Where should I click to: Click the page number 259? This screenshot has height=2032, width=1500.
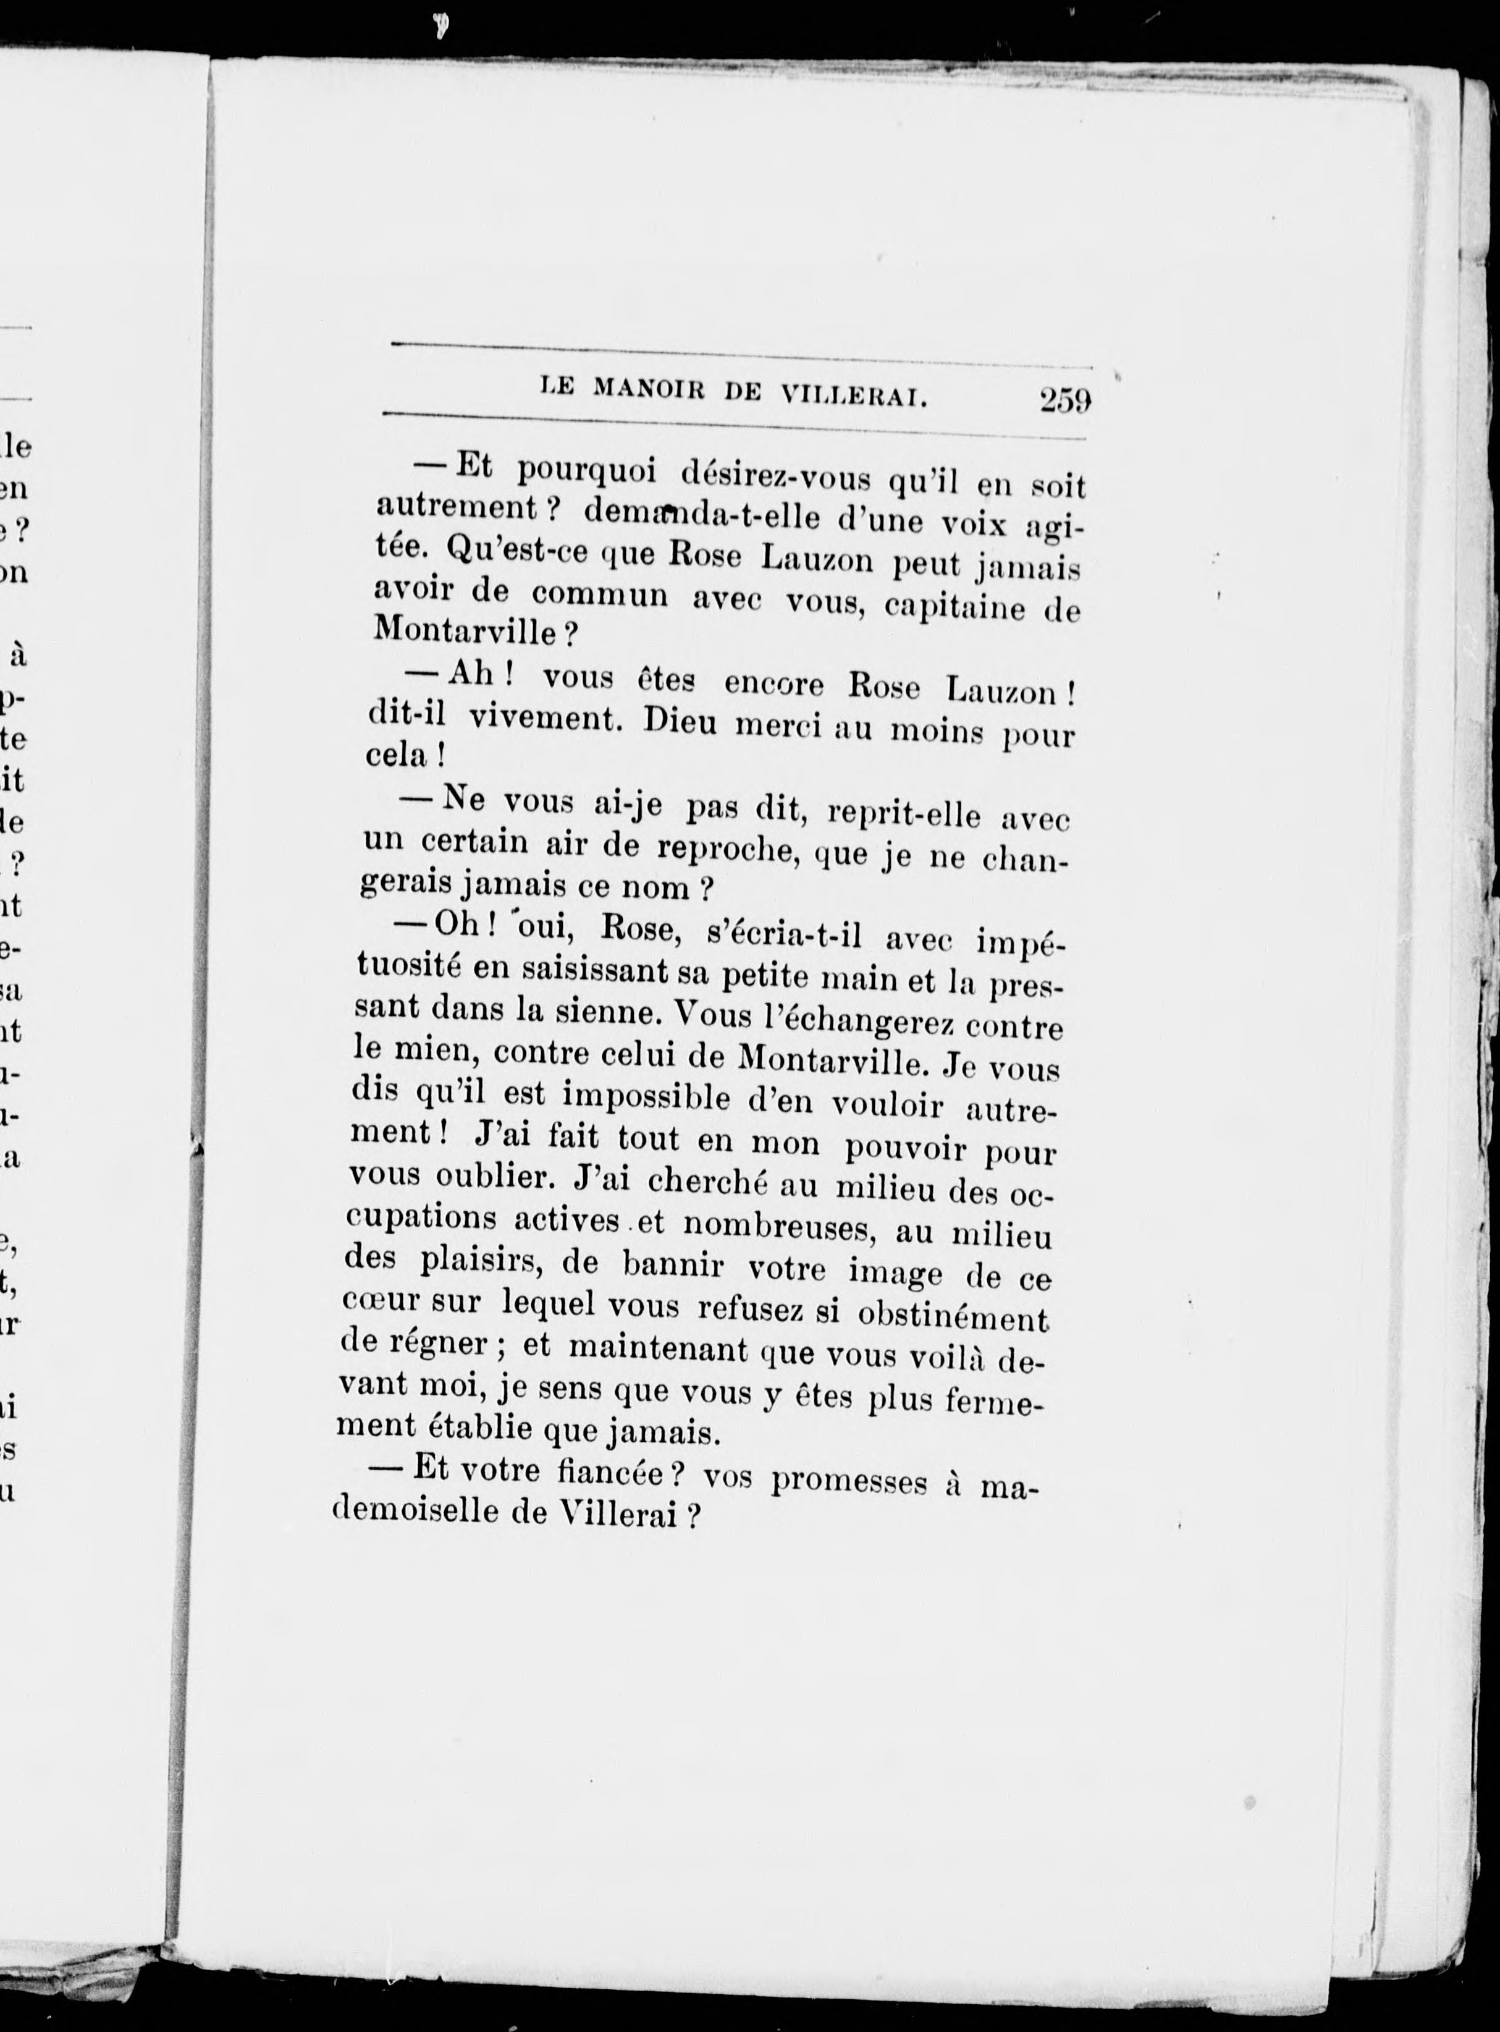pos(1065,400)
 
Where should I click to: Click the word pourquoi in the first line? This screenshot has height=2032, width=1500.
pos(585,472)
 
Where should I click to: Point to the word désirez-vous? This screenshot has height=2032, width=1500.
pos(775,478)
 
